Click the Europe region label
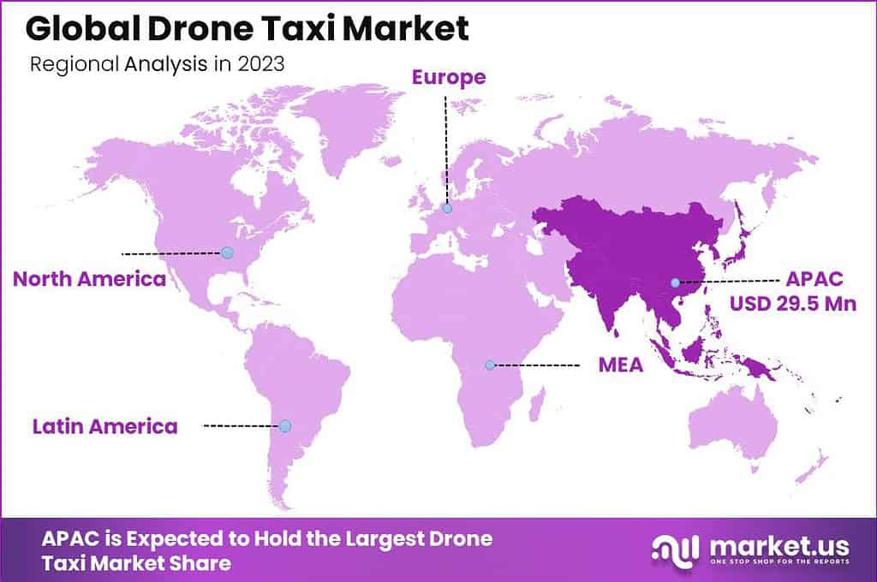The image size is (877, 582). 449,77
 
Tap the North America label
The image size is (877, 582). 89,279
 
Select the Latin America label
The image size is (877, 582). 105,425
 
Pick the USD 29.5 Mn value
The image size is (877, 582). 792,303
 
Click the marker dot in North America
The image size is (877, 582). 227,252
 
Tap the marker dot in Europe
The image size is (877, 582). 446,208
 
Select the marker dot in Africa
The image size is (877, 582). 490,365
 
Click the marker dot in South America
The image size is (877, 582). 285,425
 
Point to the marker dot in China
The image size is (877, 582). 675,282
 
